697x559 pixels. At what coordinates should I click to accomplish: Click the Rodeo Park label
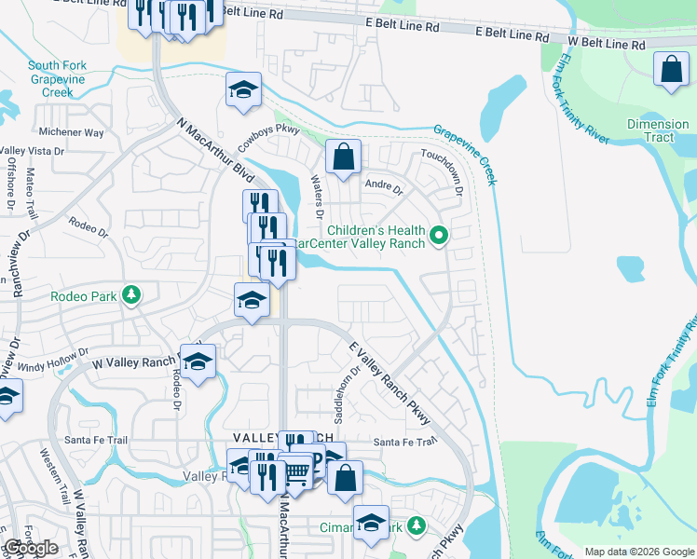click(x=83, y=297)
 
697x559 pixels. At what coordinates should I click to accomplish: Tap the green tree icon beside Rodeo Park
click(x=132, y=295)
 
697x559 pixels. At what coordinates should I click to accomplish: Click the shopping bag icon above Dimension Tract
click(x=671, y=70)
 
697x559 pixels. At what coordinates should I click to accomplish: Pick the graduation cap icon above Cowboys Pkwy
click(x=243, y=89)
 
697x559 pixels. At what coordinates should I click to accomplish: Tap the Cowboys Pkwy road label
click(x=269, y=130)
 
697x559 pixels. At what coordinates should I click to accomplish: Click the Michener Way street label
click(x=71, y=133)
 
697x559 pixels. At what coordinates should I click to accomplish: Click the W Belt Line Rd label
click(x=607, y=43)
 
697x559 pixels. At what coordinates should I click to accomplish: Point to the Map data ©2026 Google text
click(x=638, y=552)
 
